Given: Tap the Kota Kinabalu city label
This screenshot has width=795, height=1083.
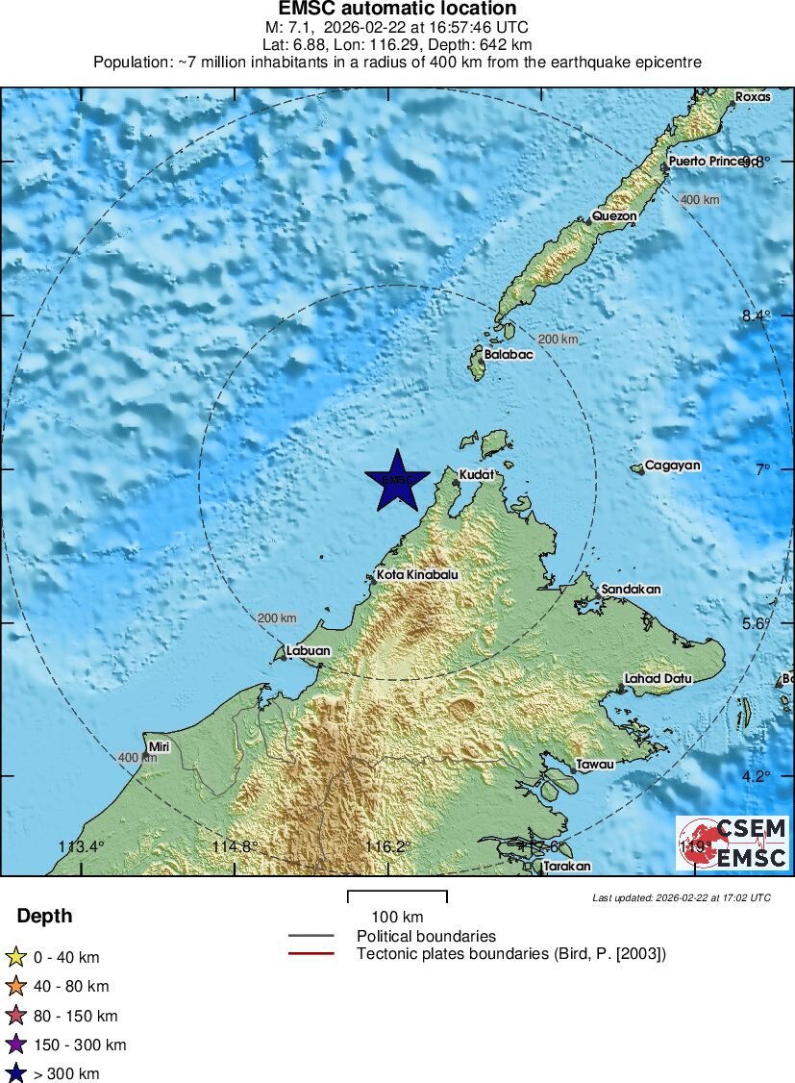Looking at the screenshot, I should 416,575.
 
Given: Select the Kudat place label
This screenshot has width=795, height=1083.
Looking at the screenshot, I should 476,475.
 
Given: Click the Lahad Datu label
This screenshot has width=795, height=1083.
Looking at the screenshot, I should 658,678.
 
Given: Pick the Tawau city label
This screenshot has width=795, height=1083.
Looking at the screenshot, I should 593,765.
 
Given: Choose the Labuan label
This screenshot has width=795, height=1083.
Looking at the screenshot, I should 308,651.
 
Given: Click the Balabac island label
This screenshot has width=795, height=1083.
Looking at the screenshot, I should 508,354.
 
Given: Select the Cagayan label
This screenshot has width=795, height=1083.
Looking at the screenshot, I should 672,466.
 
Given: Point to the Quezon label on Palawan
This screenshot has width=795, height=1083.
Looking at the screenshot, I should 614,216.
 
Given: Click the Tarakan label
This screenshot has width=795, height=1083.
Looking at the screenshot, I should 566,867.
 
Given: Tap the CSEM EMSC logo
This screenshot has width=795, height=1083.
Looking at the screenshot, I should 732,844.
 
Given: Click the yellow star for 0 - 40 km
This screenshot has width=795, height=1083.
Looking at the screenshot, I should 15,957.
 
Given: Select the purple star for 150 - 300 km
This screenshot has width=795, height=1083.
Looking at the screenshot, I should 15,1045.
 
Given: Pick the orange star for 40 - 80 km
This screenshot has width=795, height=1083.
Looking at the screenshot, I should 15,986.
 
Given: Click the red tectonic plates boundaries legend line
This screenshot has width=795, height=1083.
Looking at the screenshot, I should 311,954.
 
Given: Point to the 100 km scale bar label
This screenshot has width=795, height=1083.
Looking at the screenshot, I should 397,916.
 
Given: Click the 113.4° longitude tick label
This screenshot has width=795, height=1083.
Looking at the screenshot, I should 81,847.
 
